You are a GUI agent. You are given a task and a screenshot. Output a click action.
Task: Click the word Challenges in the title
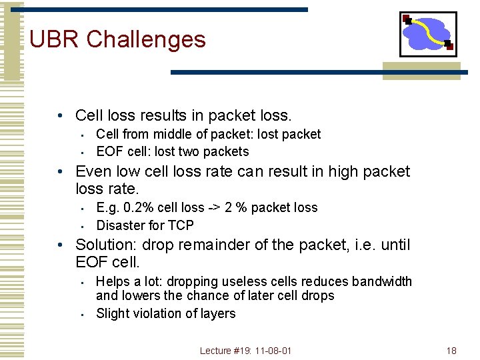[x=146, y=39]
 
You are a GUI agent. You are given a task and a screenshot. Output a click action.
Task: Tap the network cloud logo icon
[x=428, y=33]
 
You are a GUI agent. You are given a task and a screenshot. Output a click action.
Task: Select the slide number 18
[x=451, y=351]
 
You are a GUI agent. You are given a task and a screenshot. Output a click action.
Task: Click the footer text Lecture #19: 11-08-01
[x=245, y=351]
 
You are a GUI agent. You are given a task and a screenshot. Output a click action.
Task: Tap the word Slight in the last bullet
[x=111, y=313]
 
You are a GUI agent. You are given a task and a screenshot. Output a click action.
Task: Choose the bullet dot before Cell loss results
[x=60, y=116]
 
